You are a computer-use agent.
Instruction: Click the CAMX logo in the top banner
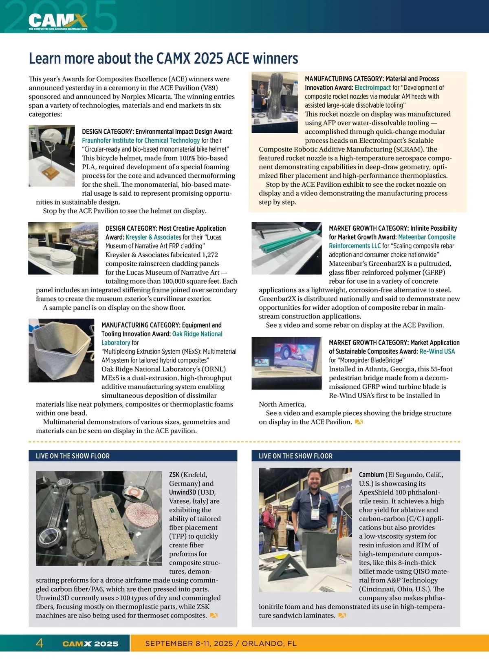coord(57,22)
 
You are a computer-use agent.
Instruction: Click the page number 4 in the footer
coord(39,643)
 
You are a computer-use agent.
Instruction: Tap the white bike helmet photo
coord(52,155)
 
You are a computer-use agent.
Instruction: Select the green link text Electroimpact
coord(372,88)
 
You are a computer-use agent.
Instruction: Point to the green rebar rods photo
coord(286,248)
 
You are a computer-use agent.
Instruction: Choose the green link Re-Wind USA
coord(437,351)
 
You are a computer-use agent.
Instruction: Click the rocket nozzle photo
coord(275,102)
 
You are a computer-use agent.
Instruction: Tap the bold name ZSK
coord(174,474)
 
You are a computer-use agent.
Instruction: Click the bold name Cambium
coord(371,474)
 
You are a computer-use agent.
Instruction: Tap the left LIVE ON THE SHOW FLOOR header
coord(73,456)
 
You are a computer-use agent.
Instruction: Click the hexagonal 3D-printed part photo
coord(62,351)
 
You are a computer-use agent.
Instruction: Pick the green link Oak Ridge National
coord(197,334)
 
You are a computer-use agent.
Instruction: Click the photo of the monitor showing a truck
coord(286,363)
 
